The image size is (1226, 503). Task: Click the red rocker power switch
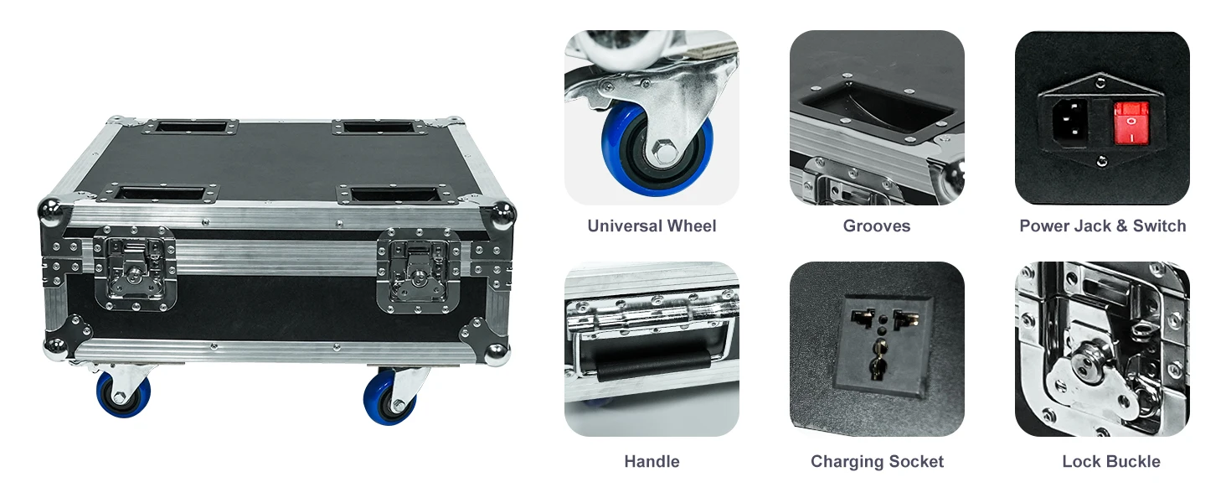click(x=1131, y=122)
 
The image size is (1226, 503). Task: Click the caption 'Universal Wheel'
click(x=652, y=226)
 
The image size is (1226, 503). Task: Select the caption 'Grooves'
click(x=876, y=226)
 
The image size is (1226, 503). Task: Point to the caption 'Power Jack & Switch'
click(x=1102, y=226)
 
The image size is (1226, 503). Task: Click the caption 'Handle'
click(x=652, y=461)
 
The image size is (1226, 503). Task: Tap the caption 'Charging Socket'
click(x=877, y=461)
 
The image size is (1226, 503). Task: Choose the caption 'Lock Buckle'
click(x=1111, y=461)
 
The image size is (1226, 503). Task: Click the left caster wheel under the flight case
click(x=123, y=393)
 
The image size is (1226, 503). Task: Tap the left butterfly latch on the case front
click(x=135, y=268)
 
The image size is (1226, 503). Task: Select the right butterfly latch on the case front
click(x=419, y=271)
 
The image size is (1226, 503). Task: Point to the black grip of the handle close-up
click(x=652, y=366)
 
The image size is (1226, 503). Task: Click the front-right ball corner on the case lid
click(x=502, y=214)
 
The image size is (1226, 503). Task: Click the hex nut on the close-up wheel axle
click(x=664, y=151)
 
